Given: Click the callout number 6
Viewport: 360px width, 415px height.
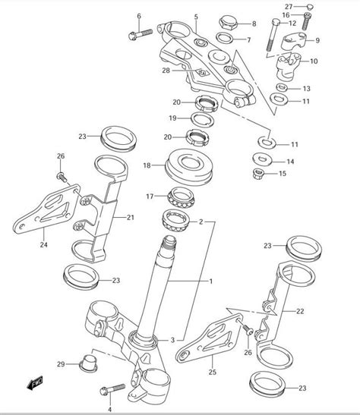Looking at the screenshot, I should coord(138,16).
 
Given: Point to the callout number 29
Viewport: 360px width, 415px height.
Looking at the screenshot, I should coord(62,363).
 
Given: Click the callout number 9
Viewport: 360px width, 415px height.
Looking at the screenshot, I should coord(317,39).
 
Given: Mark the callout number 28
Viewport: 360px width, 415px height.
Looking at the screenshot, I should coord(165,71).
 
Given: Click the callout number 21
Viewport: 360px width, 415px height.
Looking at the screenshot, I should coord(130,218).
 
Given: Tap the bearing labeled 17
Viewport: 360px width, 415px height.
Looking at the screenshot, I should coord(182,197).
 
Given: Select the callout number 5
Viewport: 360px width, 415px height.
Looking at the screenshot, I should coord(196,16).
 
